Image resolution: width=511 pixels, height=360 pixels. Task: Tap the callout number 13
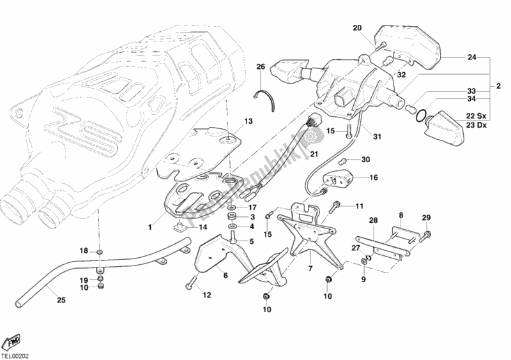point(248,121)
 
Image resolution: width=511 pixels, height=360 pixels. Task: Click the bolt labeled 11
point(336,207)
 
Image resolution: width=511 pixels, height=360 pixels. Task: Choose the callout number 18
point(84,251)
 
